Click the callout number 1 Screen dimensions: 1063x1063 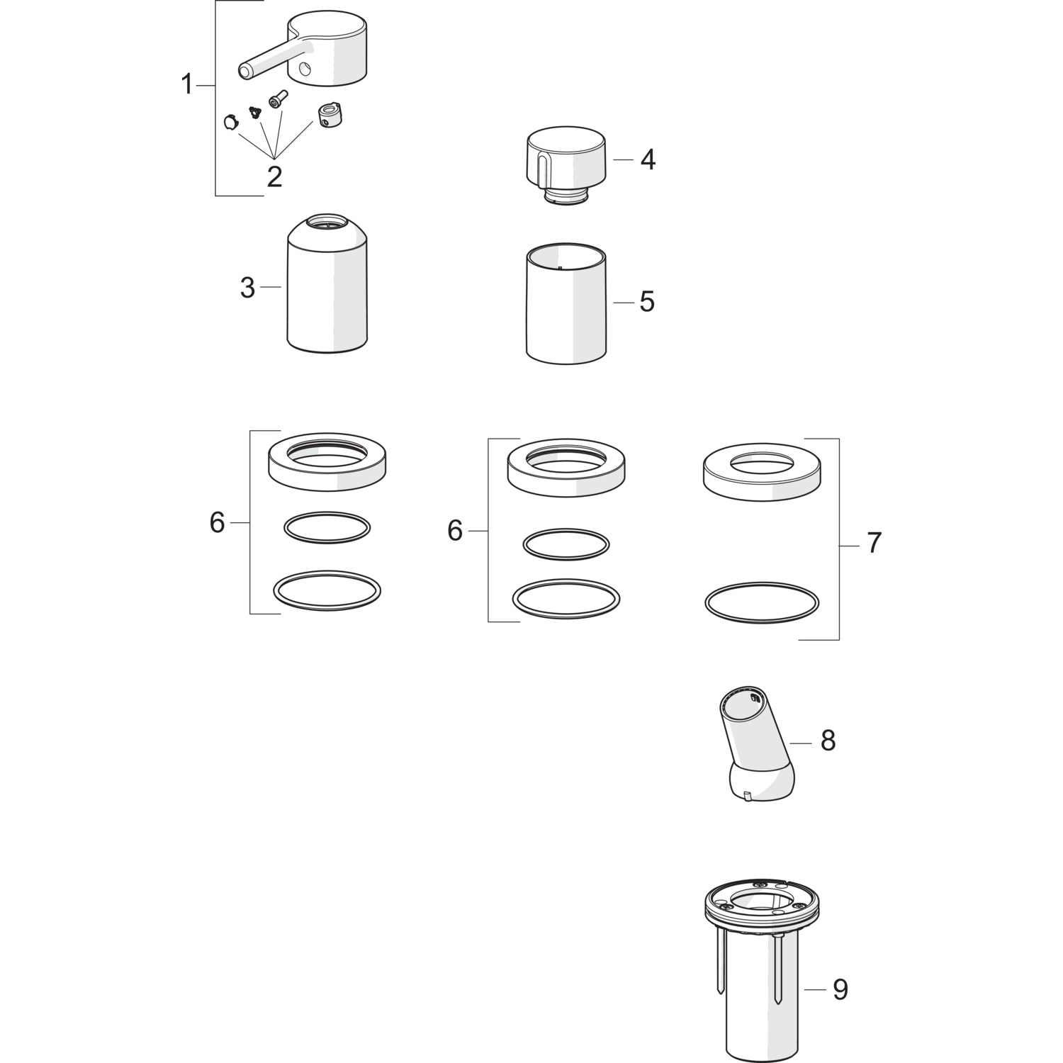(186, 85)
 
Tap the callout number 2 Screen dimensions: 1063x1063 (274, 176)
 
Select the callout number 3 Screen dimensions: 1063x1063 (247, 288)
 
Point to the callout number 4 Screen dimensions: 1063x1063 (648, 159)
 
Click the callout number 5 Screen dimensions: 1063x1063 (647, 302)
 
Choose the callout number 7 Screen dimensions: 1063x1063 (874, 544)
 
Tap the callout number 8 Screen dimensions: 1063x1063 (828, 741)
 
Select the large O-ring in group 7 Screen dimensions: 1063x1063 (763, 604)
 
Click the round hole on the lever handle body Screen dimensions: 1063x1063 (304, 69)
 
